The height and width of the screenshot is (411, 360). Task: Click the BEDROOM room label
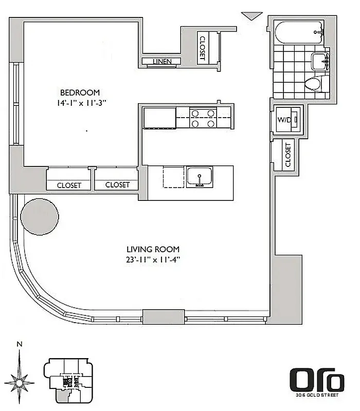click(x=80, y=92)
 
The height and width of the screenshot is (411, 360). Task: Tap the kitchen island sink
click(x=200, y=176)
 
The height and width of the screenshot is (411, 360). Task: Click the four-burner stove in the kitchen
click(x=203, y=118)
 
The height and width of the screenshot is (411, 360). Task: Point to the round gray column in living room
click(x=40, y=216)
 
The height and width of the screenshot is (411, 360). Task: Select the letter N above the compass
click(x=19, y=345)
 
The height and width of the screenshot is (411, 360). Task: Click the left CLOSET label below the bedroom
click(x=69, y=185)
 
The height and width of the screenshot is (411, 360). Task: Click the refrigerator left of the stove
click(x=159, y=118)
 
